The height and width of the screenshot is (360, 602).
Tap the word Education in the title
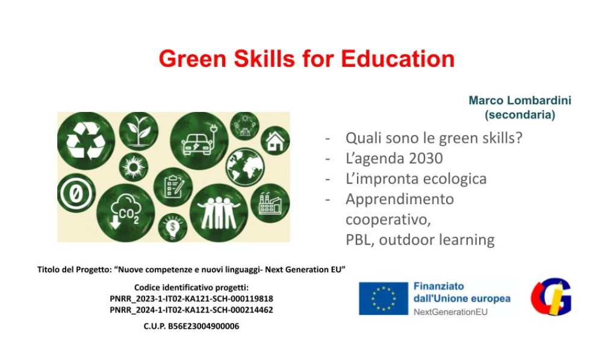point(397,59)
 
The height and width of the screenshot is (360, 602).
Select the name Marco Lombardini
point(520,101)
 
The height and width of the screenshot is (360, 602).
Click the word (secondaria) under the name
point(520,114)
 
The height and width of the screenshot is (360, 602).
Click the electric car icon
point(199,141)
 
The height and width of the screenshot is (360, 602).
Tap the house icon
point(275,141)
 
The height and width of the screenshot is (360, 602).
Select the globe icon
point(245,166)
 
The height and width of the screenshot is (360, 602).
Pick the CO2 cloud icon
point(125,210)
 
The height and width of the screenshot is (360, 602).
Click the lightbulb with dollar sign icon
point(173,228)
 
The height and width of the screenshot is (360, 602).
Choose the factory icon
point(270,203)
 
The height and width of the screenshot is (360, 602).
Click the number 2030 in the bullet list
point(424,158)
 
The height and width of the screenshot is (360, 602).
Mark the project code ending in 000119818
point(191,299)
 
